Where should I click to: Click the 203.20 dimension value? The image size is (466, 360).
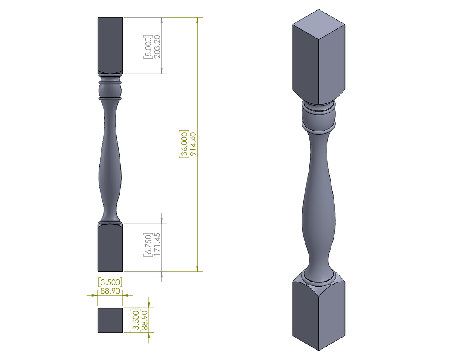(157, 47)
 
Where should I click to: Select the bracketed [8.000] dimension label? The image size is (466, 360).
(148, 47)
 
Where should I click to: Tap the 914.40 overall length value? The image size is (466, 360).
(193, 144)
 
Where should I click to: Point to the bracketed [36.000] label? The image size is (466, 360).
(184, 144)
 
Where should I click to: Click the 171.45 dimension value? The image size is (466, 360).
(157, 244)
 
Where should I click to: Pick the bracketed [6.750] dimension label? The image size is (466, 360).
(148, 244)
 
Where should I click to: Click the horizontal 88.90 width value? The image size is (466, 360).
(110, 291)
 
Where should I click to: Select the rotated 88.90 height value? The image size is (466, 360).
(145, 320)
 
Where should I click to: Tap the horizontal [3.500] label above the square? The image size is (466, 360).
(110, 282)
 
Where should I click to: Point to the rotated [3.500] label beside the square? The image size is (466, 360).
(135, 320)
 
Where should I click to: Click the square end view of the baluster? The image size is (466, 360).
(110, 320)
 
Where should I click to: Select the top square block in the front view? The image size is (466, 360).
(110, 45)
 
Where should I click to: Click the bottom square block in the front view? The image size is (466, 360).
(110, 247)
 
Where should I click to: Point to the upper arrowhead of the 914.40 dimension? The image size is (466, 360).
(197, 20)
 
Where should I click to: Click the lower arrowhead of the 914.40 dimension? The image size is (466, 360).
(197, 268)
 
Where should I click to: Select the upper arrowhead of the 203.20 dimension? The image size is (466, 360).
(161, 20)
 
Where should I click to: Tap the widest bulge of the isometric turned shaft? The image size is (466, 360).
(318, 214)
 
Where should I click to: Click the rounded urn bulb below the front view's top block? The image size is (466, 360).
(110, 90)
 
